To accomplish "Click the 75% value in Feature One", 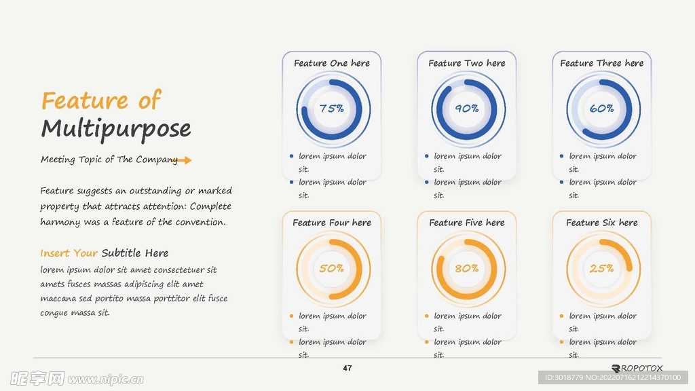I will (331, 109).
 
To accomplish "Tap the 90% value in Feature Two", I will (466, 109).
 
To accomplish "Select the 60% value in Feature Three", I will (601, 109).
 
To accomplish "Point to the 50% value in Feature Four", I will (331, 268).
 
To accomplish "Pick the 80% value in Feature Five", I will (466, 268).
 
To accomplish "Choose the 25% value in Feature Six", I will (601, 268).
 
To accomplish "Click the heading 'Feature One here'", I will (332, 63).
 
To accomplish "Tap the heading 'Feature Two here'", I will (467, 63).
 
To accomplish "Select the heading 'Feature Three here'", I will (602, 63).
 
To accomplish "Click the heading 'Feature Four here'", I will (332, 223).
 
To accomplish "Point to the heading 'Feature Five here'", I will (467, 223).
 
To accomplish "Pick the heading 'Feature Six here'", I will (602, 223).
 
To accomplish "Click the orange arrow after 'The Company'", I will (184, 160).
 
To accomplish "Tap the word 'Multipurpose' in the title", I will (116, 128).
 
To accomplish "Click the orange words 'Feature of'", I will (101, 101).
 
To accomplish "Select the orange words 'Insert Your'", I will (69, 253).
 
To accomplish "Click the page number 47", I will (347, 369).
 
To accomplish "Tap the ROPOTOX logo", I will (637, 367).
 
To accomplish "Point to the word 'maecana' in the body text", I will (60, 299).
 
